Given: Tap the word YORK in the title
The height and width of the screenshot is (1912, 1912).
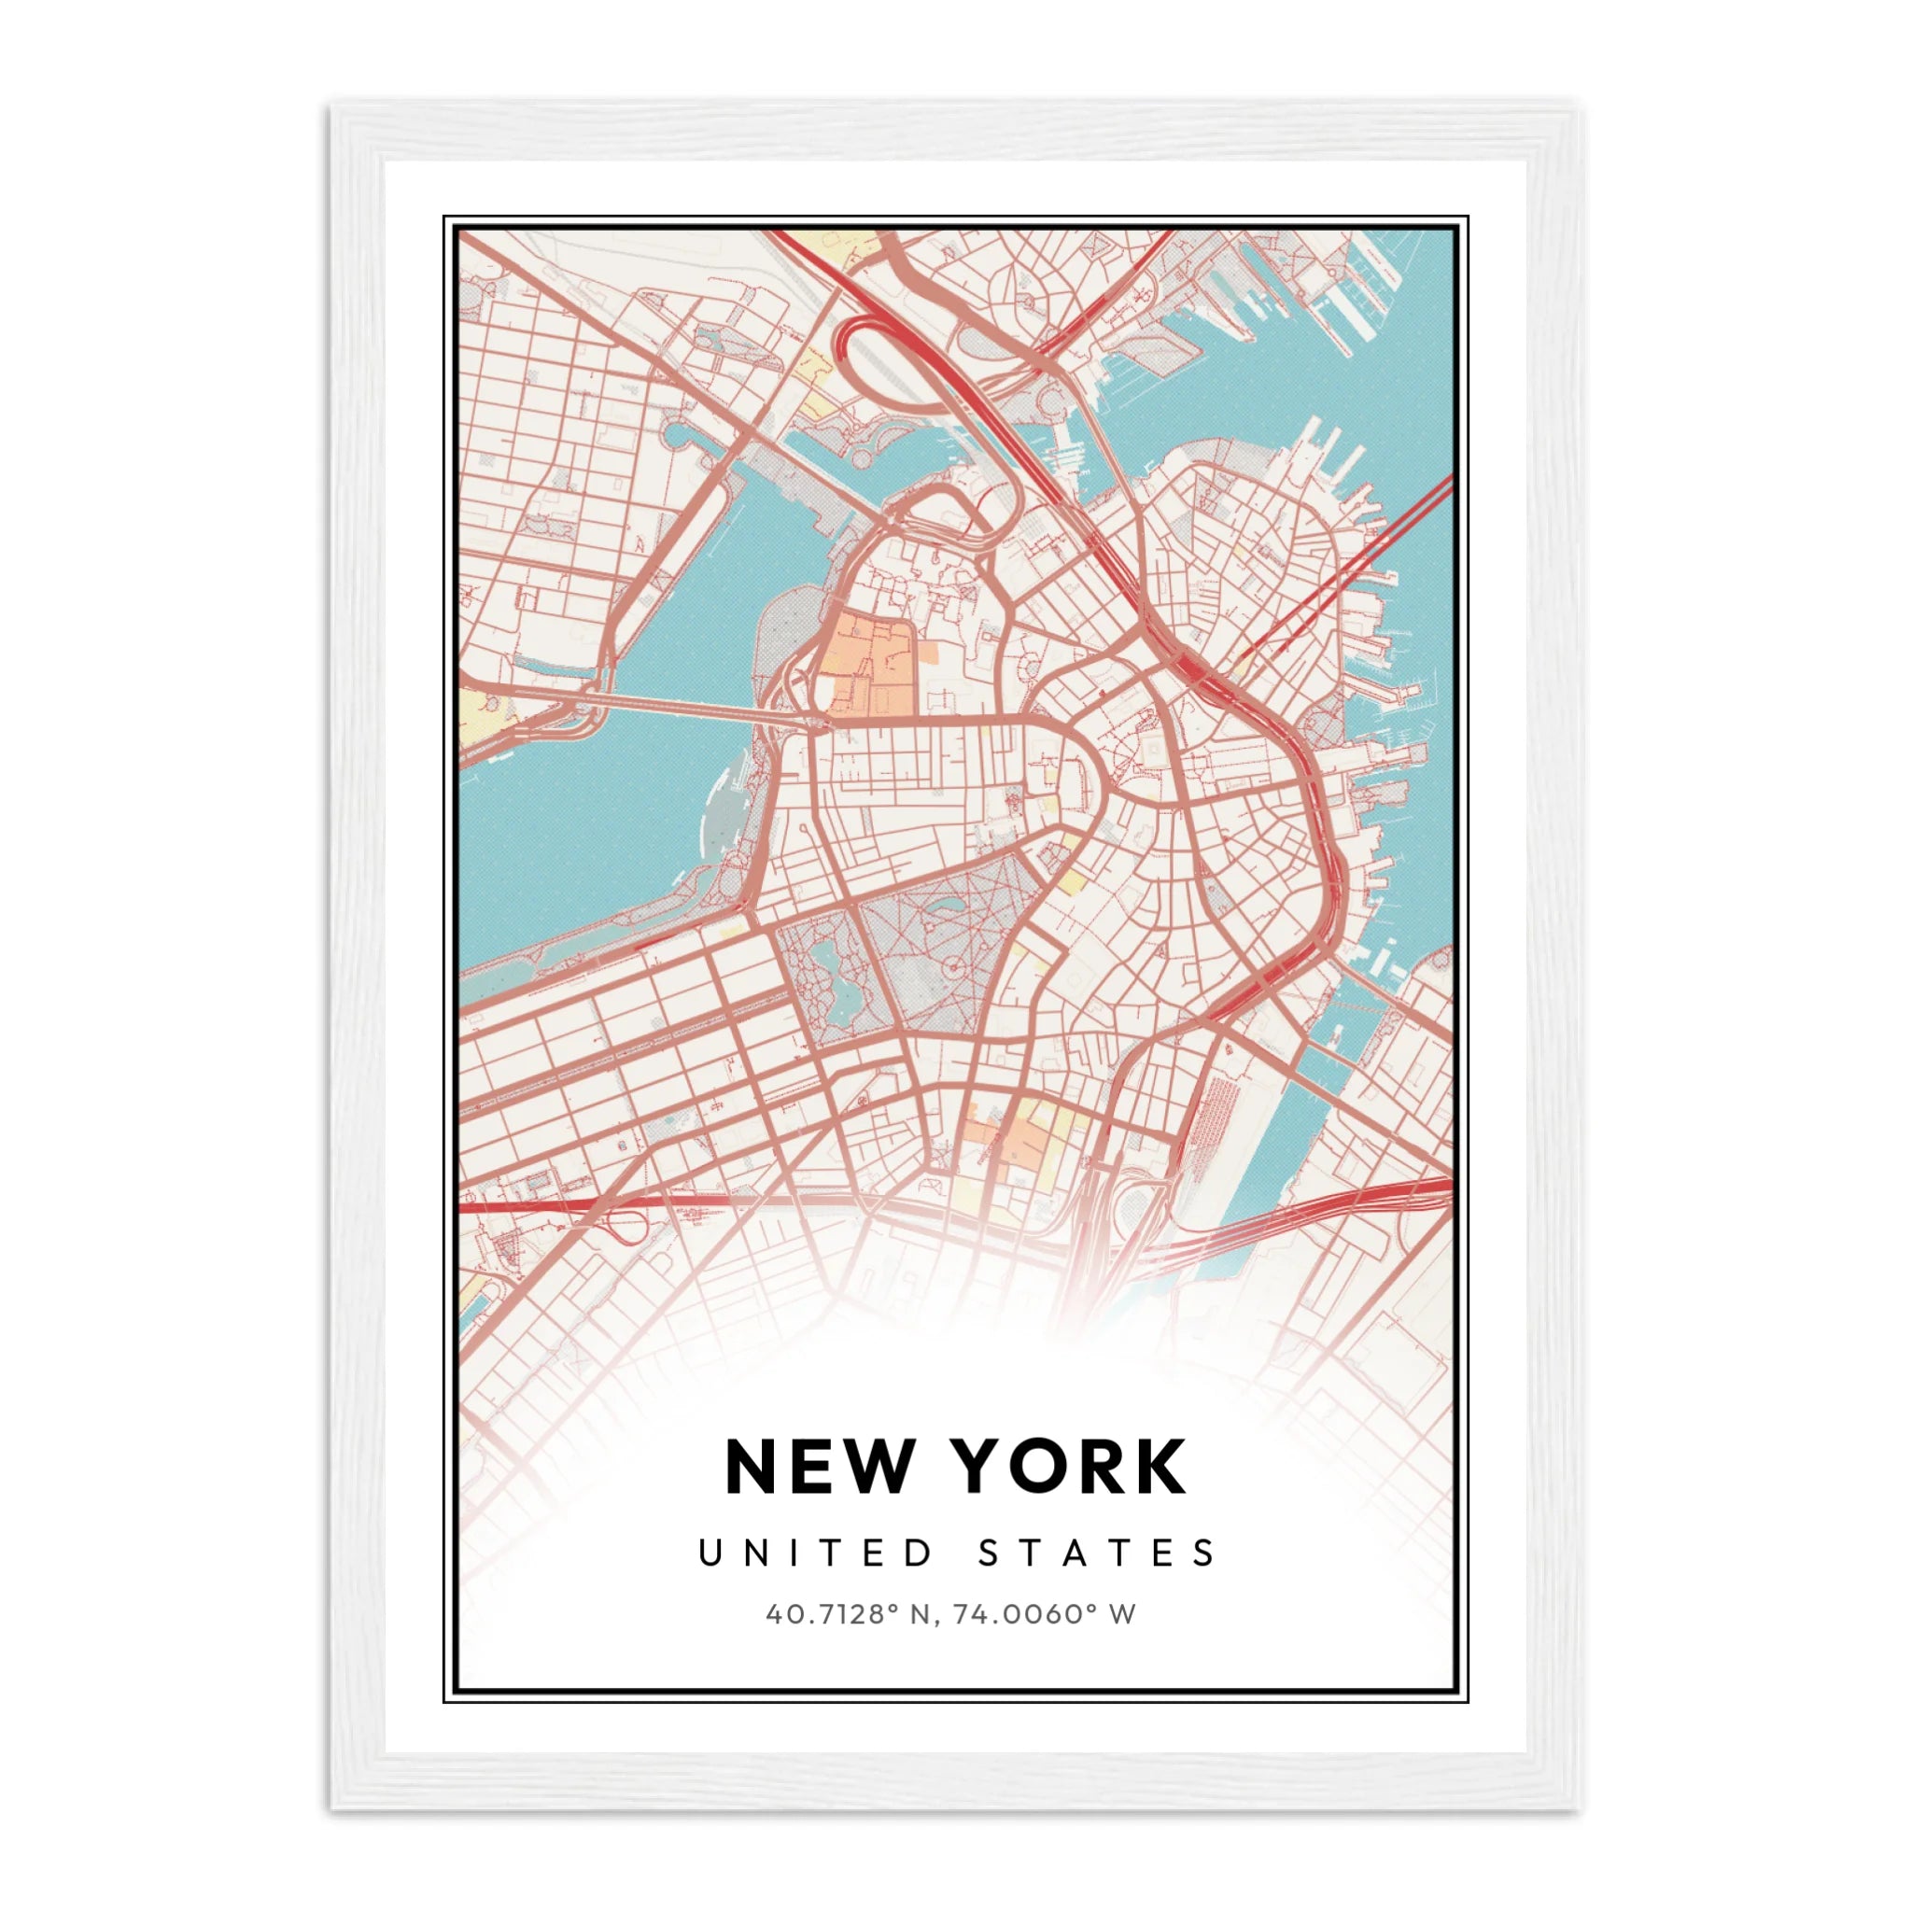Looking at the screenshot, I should coord(1070,1468).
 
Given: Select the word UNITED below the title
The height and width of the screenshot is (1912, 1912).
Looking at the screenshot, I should coord(814,1553).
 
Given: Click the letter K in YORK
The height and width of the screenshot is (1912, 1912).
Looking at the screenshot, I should coord(1154,1468).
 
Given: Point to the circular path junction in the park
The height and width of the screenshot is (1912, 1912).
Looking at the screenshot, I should coord(953,962).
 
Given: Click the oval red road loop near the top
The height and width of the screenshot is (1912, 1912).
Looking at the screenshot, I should coord(891,366).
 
